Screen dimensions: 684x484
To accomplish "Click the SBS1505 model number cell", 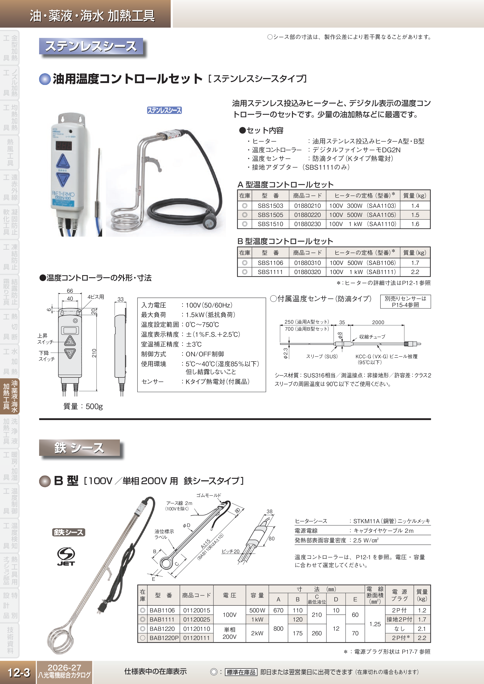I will point(270,215).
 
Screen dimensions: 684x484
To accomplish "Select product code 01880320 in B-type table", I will point(307,272).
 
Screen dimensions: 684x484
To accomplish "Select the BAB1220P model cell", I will point(164,638).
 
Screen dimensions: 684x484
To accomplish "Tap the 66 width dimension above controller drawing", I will point(70,291).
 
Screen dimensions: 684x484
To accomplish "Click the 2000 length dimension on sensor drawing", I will point(378,322).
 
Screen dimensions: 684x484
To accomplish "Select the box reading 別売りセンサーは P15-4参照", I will point(405,301).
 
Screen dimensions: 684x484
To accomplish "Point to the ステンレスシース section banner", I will point(91,47).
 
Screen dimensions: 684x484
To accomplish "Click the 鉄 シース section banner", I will point(79,447).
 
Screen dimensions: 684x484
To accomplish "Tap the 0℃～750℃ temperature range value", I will point(202,324).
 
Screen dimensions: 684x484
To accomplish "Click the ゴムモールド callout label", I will point(208,495).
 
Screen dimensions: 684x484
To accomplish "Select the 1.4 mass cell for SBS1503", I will point(415,205).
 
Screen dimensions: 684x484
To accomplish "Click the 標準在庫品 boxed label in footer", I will point(241,672).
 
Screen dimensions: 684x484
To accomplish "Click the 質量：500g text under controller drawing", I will point(83,406).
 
